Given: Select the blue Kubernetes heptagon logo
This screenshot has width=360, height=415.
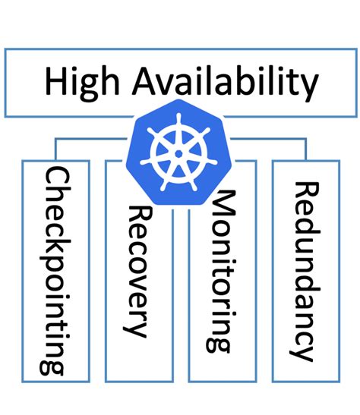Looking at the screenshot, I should pos(178,152).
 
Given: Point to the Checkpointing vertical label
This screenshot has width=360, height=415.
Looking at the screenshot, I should pos(54,270).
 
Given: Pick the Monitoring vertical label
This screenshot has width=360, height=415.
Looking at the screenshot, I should pos(220,270).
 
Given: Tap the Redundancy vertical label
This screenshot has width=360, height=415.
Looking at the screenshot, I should pos(303,270).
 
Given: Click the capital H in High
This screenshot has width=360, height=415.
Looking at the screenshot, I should pos(57,82).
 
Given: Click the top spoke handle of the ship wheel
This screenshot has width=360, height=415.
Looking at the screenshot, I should pos(178,123).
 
